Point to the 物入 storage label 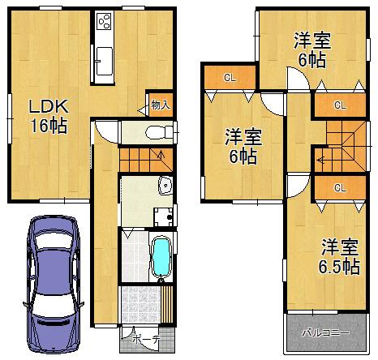(x=160, y=104)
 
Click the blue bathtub (x=162, y=257)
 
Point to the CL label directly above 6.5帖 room (x=338, y=187)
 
